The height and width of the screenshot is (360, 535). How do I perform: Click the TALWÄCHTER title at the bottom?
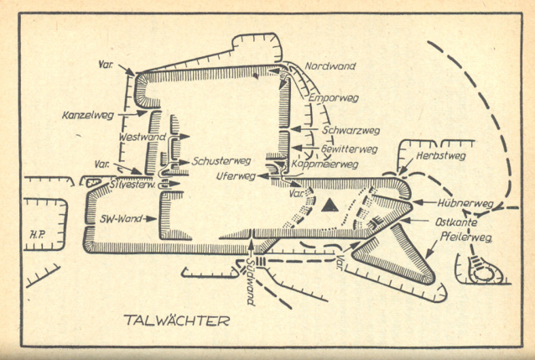pos(175,321)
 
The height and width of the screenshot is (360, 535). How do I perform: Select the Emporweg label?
pos(334,98)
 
